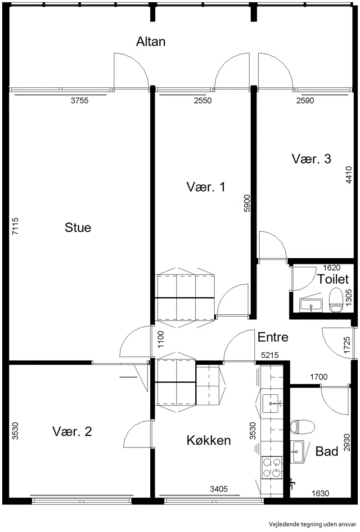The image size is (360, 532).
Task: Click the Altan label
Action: [151, 42]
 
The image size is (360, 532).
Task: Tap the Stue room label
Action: [78, 227]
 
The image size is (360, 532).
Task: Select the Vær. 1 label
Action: [206, 187]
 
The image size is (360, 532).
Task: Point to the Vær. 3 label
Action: [311, 159]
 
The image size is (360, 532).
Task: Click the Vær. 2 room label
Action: [72, 432]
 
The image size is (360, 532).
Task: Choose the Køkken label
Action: [209, 440]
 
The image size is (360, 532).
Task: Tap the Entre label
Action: [273, 337]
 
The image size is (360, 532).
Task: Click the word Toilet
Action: [333, 279]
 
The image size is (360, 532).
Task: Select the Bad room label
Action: [327, 452]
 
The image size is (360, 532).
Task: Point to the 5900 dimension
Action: [247, 203]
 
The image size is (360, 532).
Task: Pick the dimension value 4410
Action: [349, 175]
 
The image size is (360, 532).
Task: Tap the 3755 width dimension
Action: [80, 100]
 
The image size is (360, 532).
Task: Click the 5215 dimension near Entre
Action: [270, 355]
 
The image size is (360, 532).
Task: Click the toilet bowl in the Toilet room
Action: [336, 300]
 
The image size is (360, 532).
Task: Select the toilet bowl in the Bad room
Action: [302, 427]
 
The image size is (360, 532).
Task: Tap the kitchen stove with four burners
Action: [272, 468]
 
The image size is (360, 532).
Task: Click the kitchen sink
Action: [270, 403]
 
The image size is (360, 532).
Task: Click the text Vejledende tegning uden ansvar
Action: [312, 524]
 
